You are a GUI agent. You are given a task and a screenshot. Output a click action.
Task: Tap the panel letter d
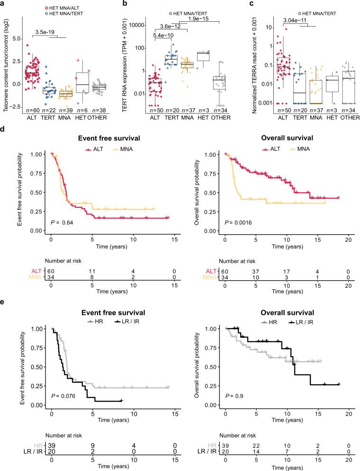4,128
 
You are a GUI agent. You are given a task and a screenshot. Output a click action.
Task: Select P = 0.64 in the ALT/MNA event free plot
62,222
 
